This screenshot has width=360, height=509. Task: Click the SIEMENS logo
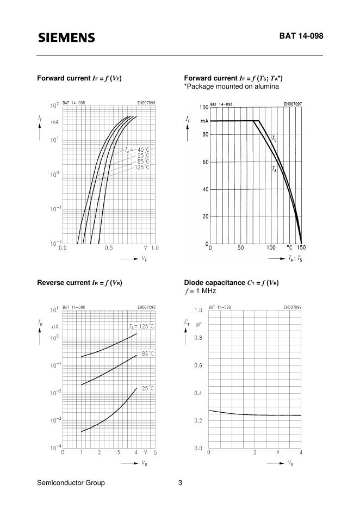click(x=66, y=38)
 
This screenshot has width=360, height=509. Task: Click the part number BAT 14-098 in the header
click(x=301, y=36)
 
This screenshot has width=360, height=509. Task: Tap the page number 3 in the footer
click(x=180, y=482)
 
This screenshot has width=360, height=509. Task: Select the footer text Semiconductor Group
click(x=71, y=482)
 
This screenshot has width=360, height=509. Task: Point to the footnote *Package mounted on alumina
click(x=231, y=86)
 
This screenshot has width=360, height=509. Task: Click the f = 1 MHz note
click(x=200, y=291)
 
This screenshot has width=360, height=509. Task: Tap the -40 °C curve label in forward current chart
click(x=136, y=149)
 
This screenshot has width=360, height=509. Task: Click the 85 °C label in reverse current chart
click(x=148, y=353)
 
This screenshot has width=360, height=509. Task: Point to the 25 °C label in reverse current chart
click(x=148, y=388)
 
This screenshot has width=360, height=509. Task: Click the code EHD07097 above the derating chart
click(x=293, y=103)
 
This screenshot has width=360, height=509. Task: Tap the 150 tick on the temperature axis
click(x=301, y=247)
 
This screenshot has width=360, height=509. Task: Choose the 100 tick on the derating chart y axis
click(x=203, y=107)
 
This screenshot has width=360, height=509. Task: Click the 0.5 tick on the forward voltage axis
click(x=109, y=248)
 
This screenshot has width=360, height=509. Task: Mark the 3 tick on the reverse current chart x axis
click(x=118, y=452)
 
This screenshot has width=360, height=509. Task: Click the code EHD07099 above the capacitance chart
click(x=292, y=307)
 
